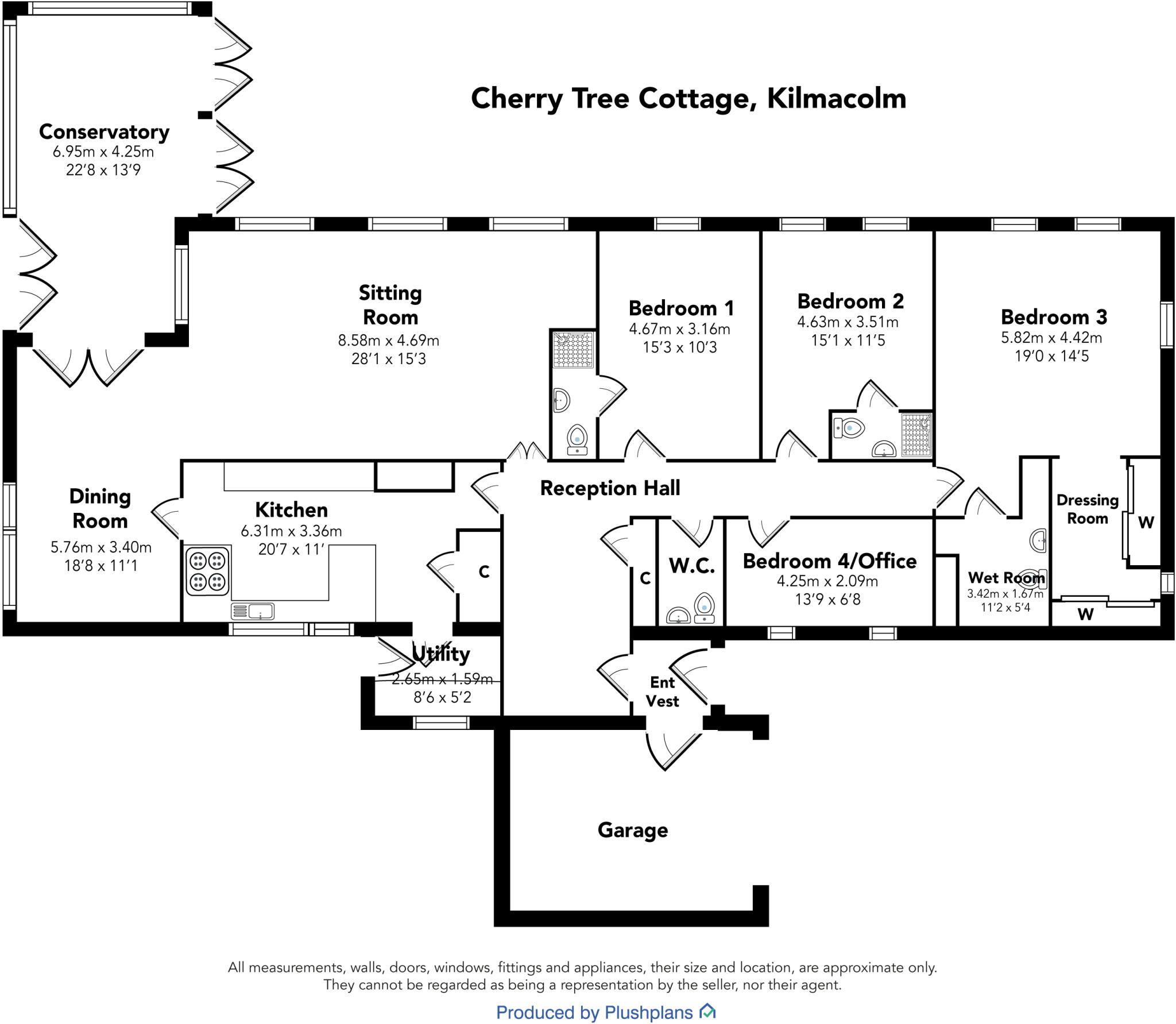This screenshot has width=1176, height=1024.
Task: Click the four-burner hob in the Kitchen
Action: [207, 571]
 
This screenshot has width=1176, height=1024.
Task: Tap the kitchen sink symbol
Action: [253, 610]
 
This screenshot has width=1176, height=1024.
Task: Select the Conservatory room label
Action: [104, 132]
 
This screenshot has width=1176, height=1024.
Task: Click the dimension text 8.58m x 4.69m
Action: [388, 341]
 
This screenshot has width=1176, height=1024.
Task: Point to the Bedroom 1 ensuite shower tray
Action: [572, 349]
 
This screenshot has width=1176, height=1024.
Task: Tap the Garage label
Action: [632, 830]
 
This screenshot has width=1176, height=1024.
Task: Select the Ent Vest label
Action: [662, 691]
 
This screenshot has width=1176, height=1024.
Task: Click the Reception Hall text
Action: [610, 488]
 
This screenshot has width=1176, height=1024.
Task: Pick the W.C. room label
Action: [691, 566]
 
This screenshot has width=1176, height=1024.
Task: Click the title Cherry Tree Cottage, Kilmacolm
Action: [688, 98]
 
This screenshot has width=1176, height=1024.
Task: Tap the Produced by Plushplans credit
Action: [594, 1012]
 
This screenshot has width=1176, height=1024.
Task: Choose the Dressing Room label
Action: [1087, 509]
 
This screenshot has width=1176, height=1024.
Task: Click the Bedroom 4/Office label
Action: [829, 561]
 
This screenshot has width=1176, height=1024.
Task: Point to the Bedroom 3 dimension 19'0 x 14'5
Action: [1051, 356]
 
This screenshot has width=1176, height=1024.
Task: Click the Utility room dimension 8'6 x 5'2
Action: [442, 697]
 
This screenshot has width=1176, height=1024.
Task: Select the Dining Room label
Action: [100, 508]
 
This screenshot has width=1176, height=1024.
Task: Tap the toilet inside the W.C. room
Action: [704, 606]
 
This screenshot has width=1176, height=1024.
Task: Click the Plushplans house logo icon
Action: [707, 1011]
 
